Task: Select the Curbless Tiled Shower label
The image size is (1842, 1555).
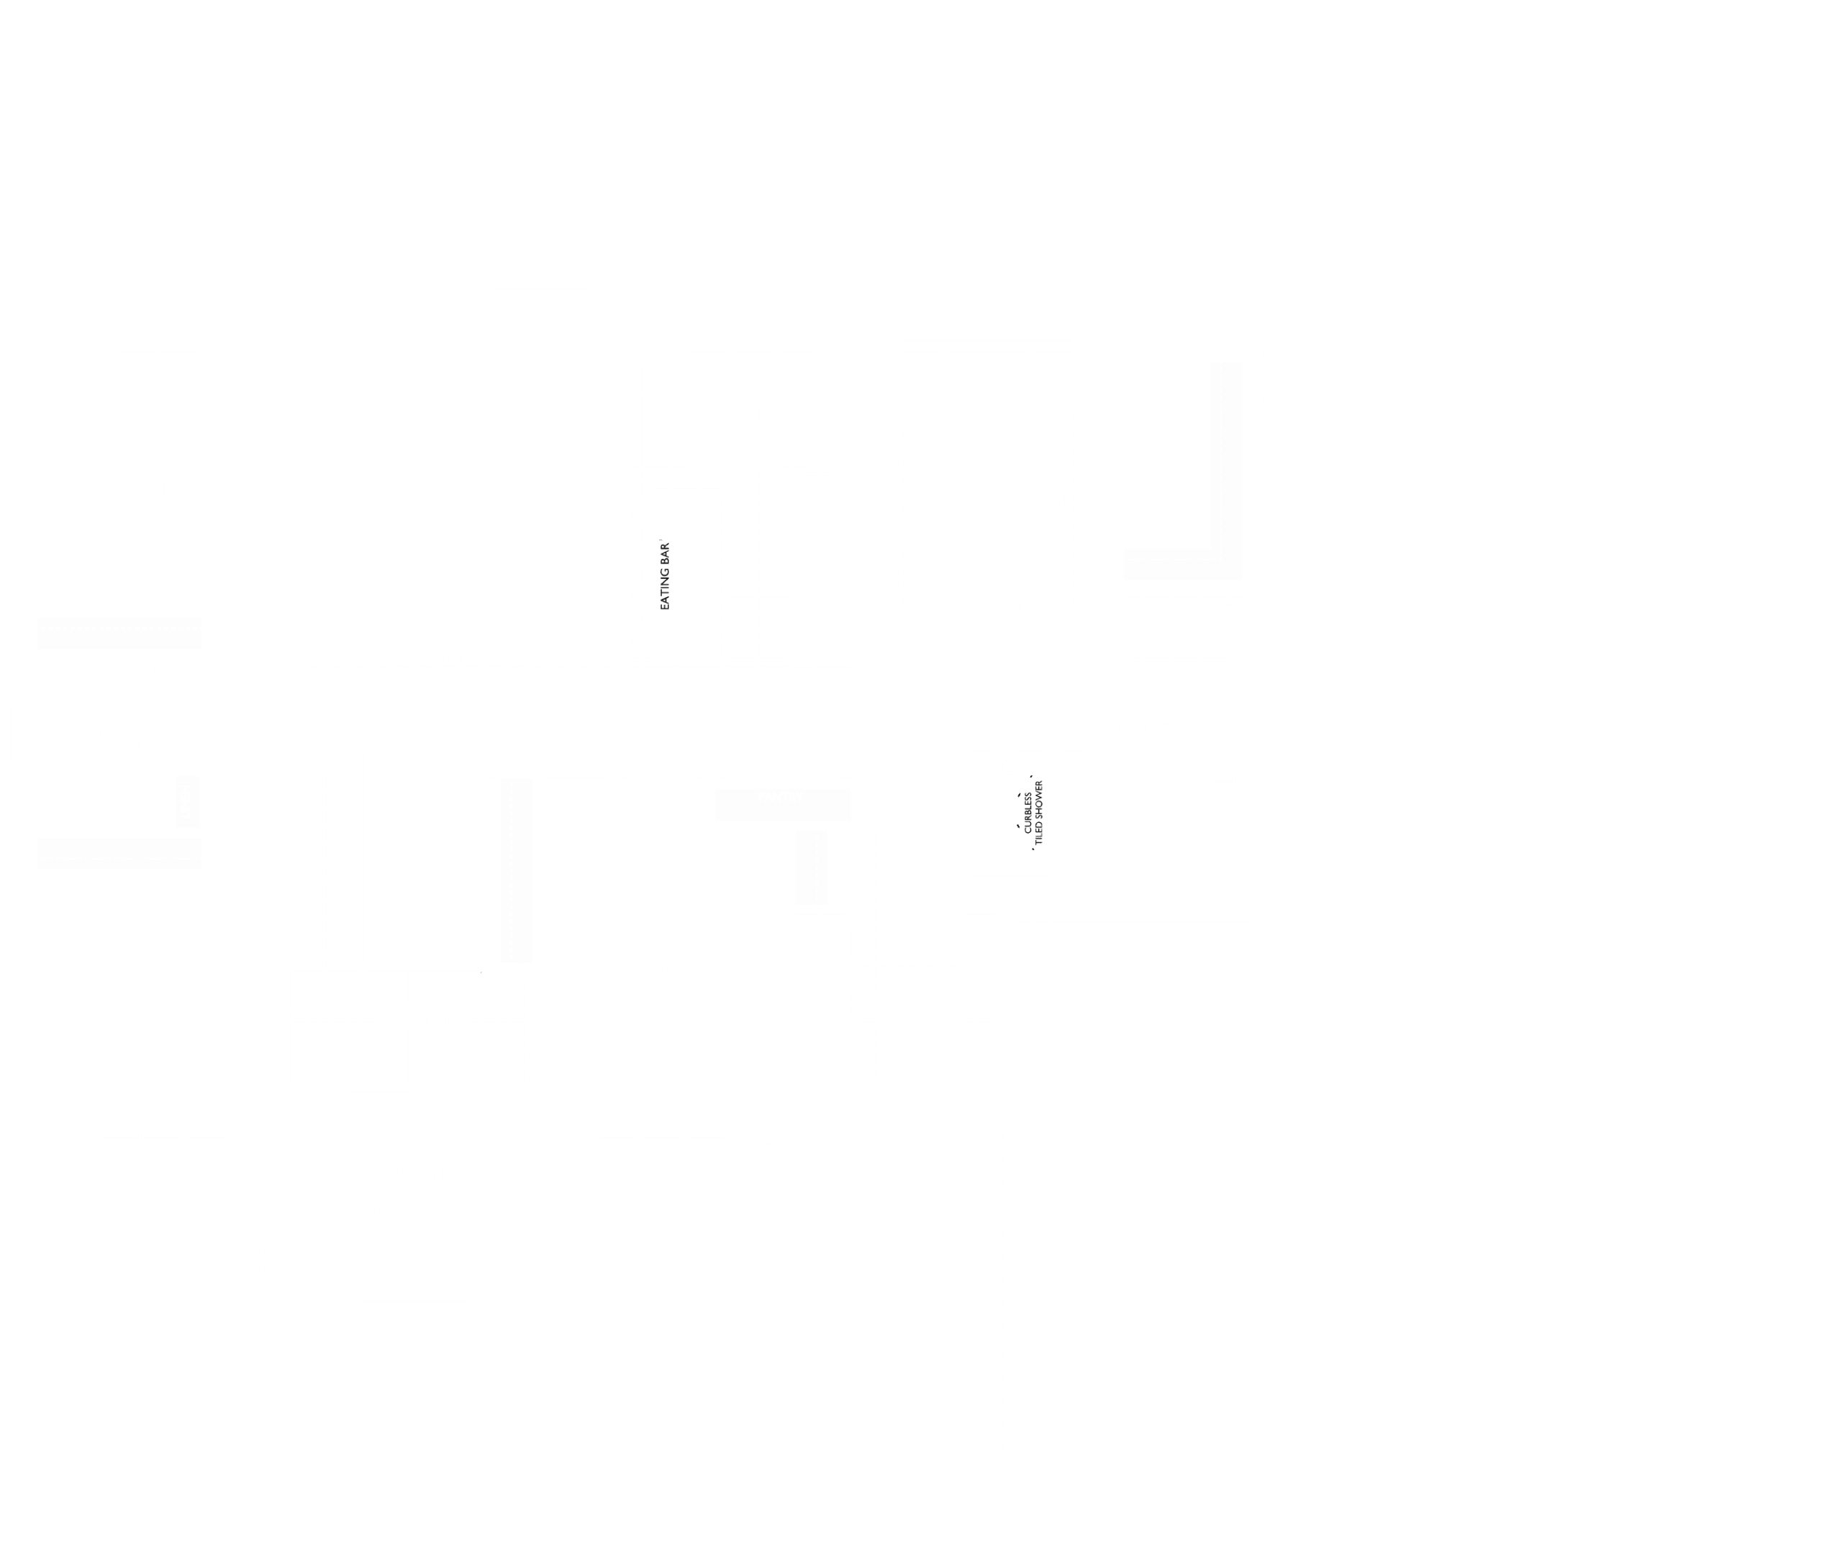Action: click(x=1033, y=812)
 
